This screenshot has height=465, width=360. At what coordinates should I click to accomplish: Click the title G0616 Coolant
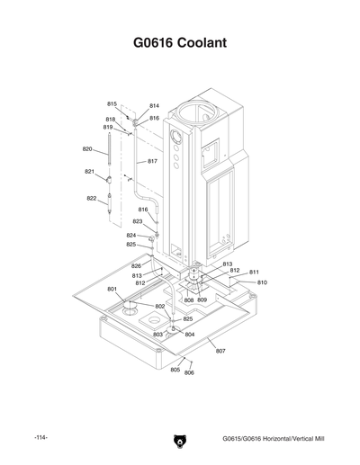pyautogui.click(x=179, y=43)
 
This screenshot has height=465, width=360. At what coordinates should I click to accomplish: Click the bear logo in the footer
pyautogui.click(x=179, y=442)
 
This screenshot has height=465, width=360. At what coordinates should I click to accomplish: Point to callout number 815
pyautogui.click(x=112, y=104)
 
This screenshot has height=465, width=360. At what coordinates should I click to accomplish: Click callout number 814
pyautogui.click(x=154, y=106)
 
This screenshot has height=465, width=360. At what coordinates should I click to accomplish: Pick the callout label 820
pyautogui.click(x=88, y=148)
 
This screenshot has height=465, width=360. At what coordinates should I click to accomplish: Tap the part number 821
pyautogui.click(x=90, y=171)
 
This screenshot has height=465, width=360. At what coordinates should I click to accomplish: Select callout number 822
pyautogui.click(x=92, y=198)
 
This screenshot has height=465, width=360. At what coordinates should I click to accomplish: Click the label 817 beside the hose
pyautogui.click(x=152, y=161)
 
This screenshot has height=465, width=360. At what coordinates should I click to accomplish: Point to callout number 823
pyautogui.click(x=138, y=221)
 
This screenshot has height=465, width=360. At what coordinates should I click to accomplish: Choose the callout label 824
pyautogui.click(x=130, y=235)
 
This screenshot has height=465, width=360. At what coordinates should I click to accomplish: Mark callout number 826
pyautogui.click(x=136, y=266)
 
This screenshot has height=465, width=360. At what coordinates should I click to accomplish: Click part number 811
pyautogui.click(x=254, y=272)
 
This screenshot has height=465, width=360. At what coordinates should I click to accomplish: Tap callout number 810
pyautogui.click(x=262, y=282)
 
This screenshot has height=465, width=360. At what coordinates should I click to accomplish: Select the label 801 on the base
pyautogui.click(x=112, y=289)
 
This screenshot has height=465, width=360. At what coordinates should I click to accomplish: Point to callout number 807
pyautogui.click(x=220, y=350)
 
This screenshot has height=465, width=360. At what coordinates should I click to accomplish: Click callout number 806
pyautogui.click(x=189, y=372)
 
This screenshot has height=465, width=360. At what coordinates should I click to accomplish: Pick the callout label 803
pyautogui.click(x=157, y=334)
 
